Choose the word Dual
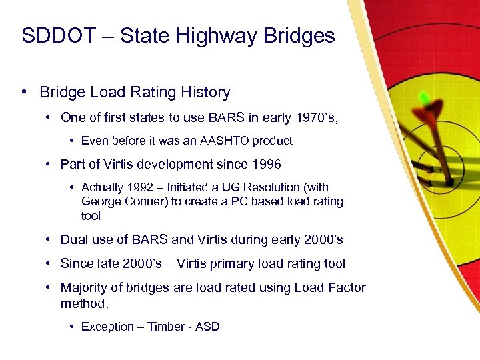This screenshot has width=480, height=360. pos(73,240)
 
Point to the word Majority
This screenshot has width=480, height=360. pos(85,288)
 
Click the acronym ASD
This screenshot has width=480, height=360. pos(207,327)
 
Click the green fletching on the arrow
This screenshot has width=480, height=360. pos(425,98)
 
